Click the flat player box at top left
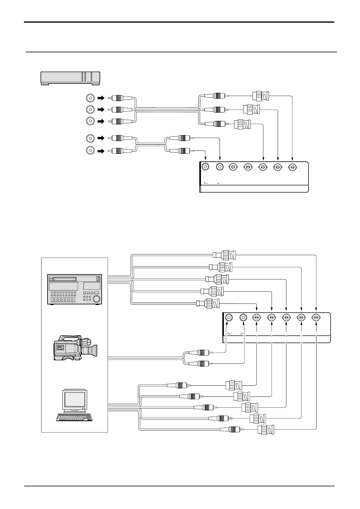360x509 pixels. pyautogui.click(x=70, y=78)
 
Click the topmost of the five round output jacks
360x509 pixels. pyautogui.click(x=90, y=98)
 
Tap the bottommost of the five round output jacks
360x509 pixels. pyautogui.click(x=90, y=151)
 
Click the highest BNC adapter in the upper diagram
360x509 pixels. pyautogui.click(x=261, y=96)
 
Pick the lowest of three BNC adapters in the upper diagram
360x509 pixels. pyautogui.click(x=242, y=124)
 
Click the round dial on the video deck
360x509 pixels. pyautogui.click(x=97, y=299)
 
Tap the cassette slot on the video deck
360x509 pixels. pyautogui.click(x=64, y=279)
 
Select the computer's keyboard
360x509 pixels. pyautogui.click(x=76, y=417)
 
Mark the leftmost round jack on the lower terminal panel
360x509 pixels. pyautogui.click(x=229, y=318)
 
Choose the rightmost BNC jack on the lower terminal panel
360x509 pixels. pyautogui.click(x=316, y=318)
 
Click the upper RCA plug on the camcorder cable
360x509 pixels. pyautogui.click(x=199, y=352)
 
